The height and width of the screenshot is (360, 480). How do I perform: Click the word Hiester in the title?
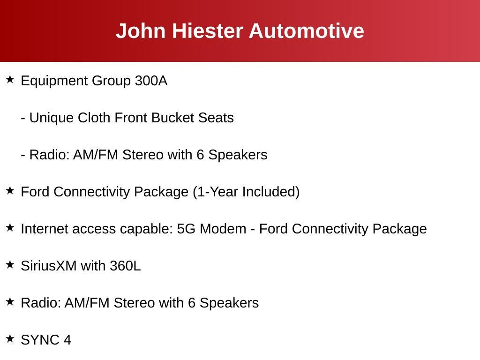[208, 31]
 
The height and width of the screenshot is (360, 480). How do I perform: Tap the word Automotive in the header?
[307, 31]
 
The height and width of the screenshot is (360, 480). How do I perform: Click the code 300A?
[151, 81]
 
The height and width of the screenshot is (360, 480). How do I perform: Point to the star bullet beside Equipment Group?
[10, 79]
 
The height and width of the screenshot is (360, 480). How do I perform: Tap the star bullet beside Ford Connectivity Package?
[10, 190]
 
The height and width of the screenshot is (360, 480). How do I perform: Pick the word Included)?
[271, 192]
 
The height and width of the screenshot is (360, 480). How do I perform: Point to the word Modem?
[223, 229]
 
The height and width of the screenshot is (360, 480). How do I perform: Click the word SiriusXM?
[49, 266]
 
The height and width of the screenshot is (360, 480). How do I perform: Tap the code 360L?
[125, 266]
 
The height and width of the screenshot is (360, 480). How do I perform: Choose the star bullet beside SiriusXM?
[10, 264]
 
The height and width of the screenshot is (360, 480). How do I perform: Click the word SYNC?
[40, 340]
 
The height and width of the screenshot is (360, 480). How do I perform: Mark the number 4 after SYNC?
[67, 340]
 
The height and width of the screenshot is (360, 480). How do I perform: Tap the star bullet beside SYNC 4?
[10, 338]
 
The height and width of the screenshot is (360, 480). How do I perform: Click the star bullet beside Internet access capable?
[10, 227]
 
